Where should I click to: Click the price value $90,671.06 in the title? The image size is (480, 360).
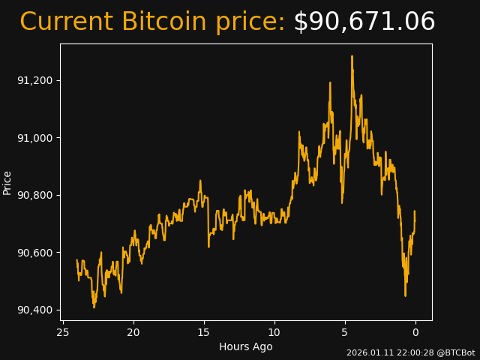coord(364,22)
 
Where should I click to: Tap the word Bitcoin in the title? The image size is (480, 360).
coord(163,22)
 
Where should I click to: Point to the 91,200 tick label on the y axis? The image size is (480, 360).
coord(34,80)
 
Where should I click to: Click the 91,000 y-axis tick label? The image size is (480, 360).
coord(34,138)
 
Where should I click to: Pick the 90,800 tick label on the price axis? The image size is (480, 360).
coord(34,195)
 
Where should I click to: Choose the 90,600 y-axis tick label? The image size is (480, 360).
coord(34,253)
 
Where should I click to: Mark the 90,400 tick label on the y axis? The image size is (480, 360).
coord(34,310)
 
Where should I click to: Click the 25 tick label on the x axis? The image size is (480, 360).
coord(63,332)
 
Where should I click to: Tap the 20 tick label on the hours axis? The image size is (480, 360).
coord(133,332)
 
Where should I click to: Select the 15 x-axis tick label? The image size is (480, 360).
coord(204,332)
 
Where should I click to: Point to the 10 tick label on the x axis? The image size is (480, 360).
coord(274,332)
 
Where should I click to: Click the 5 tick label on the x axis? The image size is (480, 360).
coord(345,332)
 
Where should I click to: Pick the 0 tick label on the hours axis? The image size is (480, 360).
coord(415,332)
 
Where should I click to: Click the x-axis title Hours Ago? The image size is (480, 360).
coord(246,346)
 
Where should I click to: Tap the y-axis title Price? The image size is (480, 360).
coord(7,182)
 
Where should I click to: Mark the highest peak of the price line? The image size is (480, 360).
coord(352,56)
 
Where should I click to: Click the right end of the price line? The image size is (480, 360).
coord(415,211)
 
